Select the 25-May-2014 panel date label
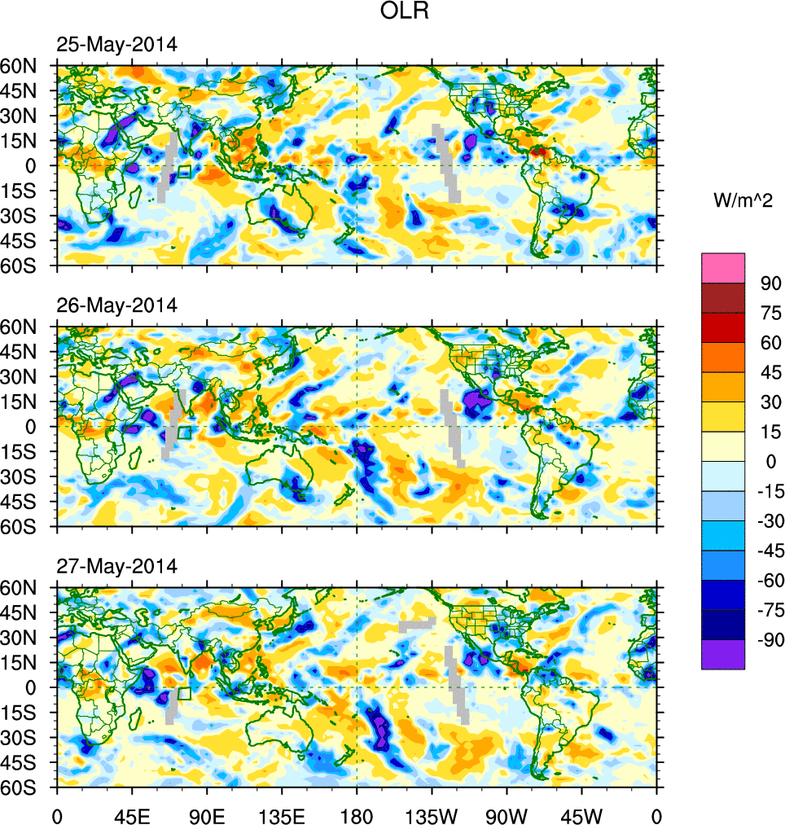(x=116, y=45)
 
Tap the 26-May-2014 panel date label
(x=116, y=306)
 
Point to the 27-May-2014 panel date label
(x=116, y=566)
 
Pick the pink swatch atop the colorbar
(x=723, y=267)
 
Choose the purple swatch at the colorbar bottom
(x=723, y=654)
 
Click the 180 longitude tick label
(x=357, y=814)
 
